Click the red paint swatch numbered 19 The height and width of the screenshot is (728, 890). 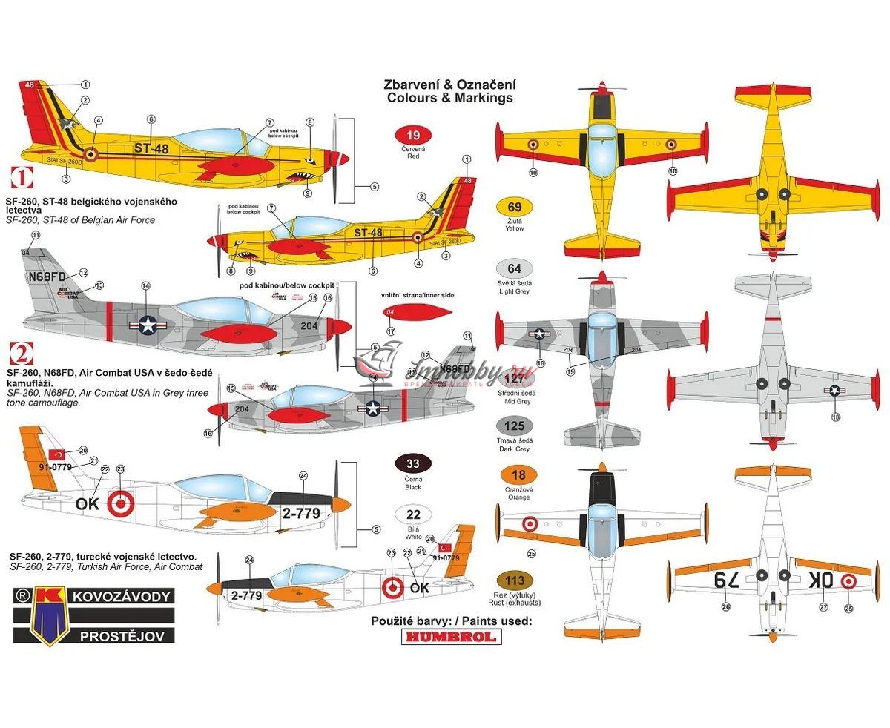414,136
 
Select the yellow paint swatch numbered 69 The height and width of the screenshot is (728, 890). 515,208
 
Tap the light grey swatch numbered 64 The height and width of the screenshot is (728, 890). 515,268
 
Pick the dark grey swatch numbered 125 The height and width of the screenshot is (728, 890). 515,426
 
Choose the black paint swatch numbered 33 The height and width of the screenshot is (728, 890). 414,465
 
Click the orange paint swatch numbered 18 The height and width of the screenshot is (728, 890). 518,475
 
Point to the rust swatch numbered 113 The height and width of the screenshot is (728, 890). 518,581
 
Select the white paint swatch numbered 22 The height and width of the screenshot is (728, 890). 414,515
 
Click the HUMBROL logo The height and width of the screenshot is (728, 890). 451,636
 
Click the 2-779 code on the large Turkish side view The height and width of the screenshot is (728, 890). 301,513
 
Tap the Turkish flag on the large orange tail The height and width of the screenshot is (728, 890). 56,454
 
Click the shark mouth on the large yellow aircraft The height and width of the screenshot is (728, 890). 305,178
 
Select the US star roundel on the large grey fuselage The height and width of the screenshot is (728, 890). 146,322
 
